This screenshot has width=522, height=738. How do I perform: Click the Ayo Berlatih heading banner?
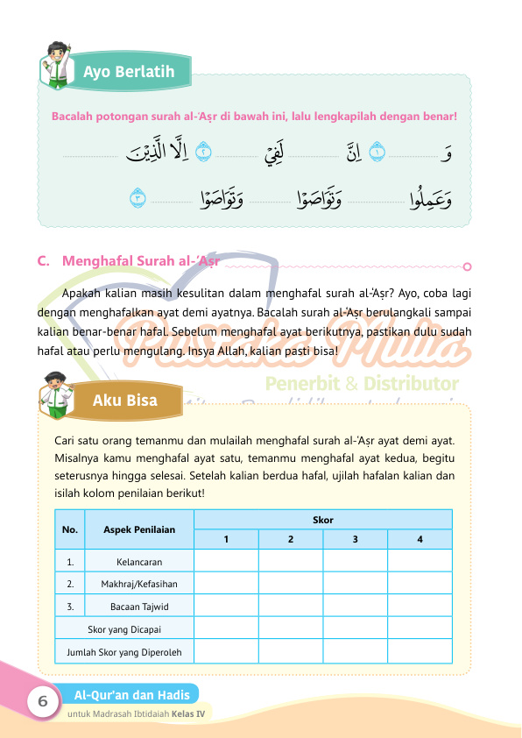(x=129, y=72)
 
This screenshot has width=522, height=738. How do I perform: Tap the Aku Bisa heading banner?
(x=125, y=401)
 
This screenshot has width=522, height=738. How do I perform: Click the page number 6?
(x=41, y=702)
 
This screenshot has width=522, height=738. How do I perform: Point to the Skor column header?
(x=322, y=520)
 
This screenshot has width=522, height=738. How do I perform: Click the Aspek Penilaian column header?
(x=138, y=529)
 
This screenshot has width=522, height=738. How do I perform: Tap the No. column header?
(x=70, y=529)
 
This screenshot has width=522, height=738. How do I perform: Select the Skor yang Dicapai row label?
(x=123, y=629)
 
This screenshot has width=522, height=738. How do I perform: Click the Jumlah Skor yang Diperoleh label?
(x=123, y=652)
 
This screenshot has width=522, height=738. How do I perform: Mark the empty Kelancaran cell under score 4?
(x=420, y=561)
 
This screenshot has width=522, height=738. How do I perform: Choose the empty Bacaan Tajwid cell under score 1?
(x=226, y=606)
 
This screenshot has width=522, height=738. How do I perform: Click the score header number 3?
(x=355, y=539)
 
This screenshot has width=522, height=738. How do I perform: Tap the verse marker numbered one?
(x=377, y=153)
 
